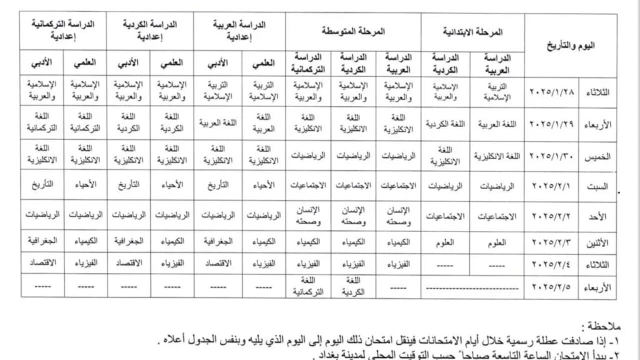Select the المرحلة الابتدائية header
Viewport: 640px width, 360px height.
click(x=472, y=31)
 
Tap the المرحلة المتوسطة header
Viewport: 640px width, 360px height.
click(x=353, y=31)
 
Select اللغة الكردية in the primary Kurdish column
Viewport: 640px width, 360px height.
click(x=445, y=123)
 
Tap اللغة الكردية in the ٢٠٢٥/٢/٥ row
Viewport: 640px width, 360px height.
click(x=353, y=286)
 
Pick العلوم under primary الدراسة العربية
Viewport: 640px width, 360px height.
click(x=497, y=242)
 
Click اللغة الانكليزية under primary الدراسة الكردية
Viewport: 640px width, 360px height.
click(x=445, y=155)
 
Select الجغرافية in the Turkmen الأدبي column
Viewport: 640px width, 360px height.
click(x=42, y=240)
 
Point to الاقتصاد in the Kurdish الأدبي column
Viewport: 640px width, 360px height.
click(x=128, y=262)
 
